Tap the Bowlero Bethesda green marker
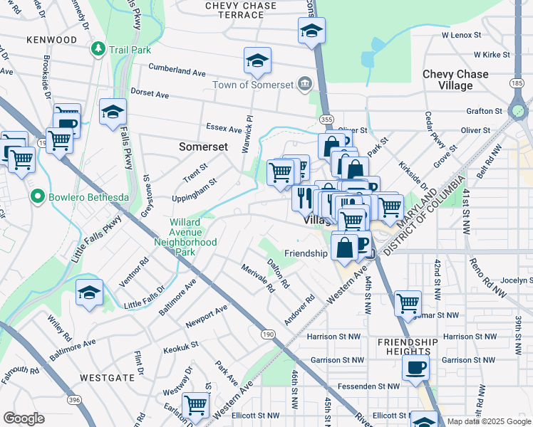click(x=36, y=196)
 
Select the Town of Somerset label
click(x=253, y=85)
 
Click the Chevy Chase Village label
click(x=455, y=80)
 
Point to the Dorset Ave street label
click(x=149, y=94)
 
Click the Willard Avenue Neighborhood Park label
click(x=185, y=237)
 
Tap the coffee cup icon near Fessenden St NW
click(x=416, y=367)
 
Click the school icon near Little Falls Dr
click(x=90, y=292)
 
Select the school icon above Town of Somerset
click(x=257, y=60)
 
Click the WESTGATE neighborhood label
click(x=104, y=376)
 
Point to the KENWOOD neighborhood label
click(x=51, y=40)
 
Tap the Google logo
click(x=24, y=418)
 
